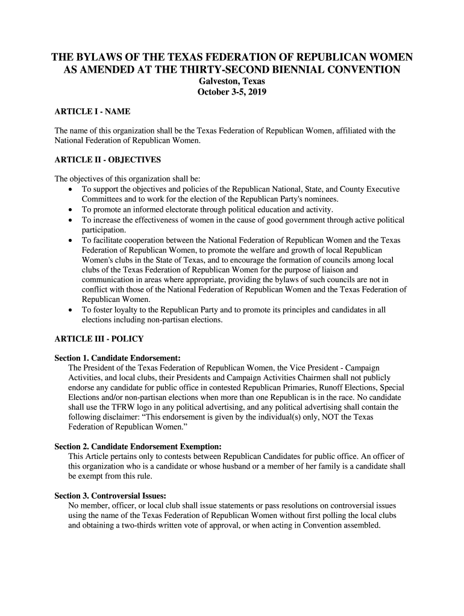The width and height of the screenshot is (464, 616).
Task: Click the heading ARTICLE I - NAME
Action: (x=92, y=112)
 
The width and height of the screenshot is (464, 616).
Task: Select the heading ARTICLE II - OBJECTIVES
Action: (x=108, y=160)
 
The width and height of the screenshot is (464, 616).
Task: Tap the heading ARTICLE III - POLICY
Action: (x=99, y=339)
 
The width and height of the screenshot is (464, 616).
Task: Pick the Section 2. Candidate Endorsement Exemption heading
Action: (x=138, y=446)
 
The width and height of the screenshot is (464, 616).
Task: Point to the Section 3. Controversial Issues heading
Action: (x=114, y=496)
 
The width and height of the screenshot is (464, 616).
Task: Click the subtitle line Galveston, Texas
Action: (x=232, y=81)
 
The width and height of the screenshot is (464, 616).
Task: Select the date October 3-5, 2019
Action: (x=232, y=93)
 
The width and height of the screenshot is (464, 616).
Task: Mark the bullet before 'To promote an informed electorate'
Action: (x=71, y=210)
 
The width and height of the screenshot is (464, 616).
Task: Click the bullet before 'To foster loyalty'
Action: (x=71, y=310)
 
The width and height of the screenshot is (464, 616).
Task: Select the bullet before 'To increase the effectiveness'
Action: (x=71, y=220)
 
